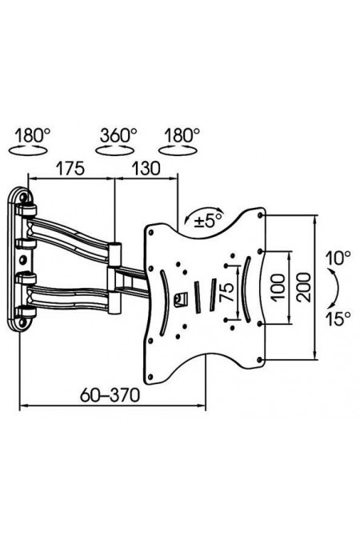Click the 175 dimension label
[x=70, y=169]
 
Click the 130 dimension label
[x=146, y=169]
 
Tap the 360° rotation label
[x=118, y=135]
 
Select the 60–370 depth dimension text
[x=110, y=395]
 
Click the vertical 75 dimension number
[x=227, y=292]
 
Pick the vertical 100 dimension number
[x=278, y=287]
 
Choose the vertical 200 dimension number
[x=304, y=287]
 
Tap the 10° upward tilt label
[x=338, y=258]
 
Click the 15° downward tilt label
[x=338, y=319]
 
